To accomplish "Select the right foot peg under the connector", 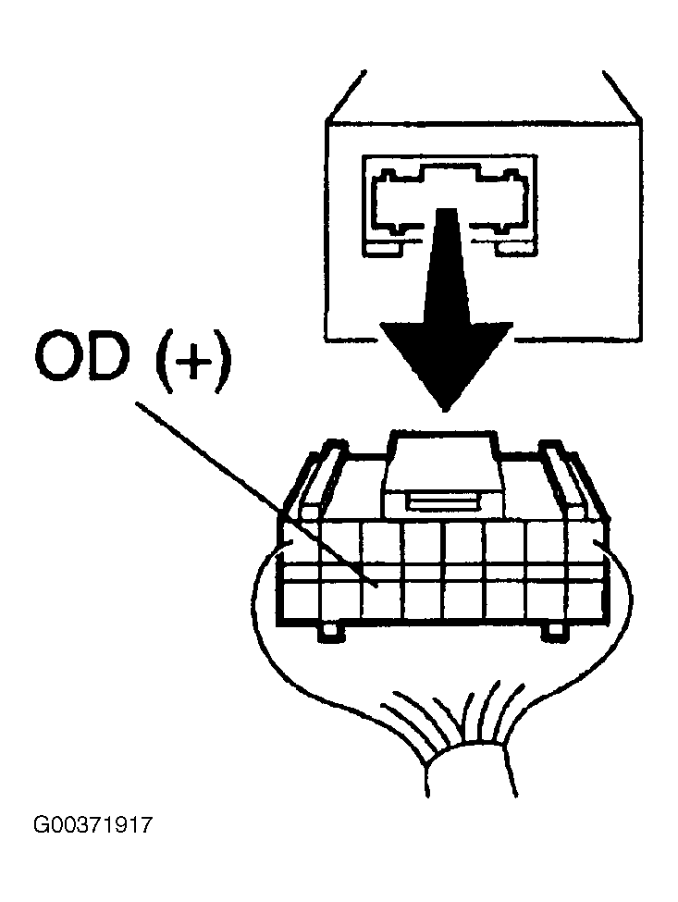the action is point(556,632).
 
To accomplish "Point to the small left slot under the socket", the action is point(384,248).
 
